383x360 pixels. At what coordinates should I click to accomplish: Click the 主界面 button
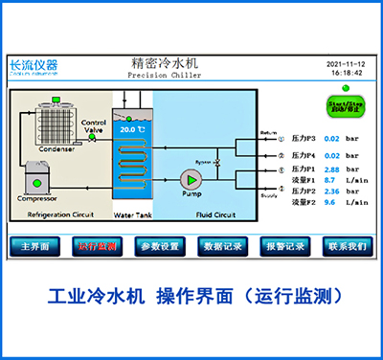point(35,246)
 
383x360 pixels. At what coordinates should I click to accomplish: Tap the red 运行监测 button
point(98,246)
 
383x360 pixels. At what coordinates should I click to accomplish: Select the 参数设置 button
point(159,246)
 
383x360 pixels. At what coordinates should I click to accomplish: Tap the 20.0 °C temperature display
point(131,127)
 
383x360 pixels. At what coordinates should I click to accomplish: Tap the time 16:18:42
point(347,73)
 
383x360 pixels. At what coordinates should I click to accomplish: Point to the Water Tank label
point(132,216)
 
